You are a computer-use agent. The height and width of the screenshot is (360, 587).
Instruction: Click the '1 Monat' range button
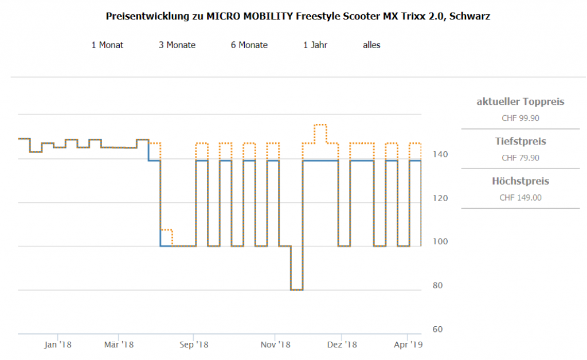click(107, 45)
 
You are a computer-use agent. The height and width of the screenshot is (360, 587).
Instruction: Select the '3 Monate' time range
click(177, 45)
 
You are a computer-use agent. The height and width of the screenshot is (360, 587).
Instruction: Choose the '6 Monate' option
click(249, 45)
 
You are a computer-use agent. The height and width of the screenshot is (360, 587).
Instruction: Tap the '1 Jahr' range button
click(315, 45)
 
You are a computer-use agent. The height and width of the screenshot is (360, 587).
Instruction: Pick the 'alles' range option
click(371, 45)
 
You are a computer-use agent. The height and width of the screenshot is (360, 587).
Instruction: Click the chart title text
click(298, 16)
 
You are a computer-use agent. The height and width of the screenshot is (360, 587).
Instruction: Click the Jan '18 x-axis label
click(58, 345)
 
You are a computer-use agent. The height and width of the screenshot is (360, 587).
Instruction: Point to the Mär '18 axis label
click(119, 345)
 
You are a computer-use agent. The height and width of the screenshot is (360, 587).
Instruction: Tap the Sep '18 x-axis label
click(194, 345)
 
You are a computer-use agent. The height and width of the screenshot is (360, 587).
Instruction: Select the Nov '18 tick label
click(276, 345)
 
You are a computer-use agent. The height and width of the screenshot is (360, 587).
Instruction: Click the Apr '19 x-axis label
click(408, 345)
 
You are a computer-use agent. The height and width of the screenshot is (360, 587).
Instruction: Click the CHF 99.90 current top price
click(520, 119)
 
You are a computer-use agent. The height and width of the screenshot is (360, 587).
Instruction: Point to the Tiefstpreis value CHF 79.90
click(520, 158)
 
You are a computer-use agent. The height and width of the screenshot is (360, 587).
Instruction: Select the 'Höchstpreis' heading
click(520, 181)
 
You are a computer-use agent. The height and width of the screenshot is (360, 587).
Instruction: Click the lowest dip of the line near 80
click(297, 290)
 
